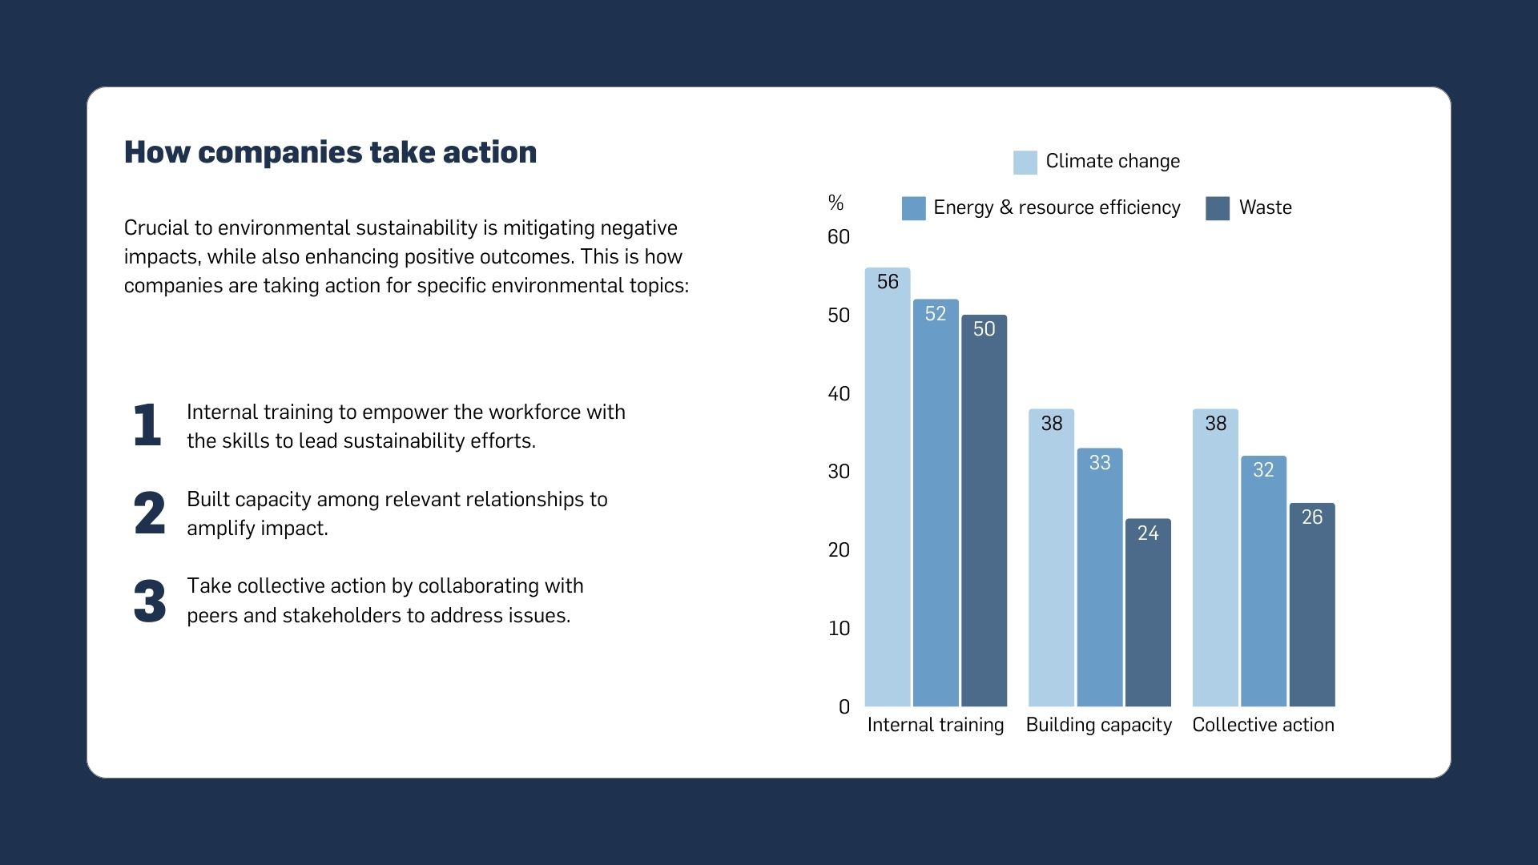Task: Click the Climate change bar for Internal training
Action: (x=888, y=489)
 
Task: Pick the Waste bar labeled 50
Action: (x=984, y=513)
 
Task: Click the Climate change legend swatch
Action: (x=1025, y=162)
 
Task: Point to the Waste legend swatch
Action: (x=1217, y=208)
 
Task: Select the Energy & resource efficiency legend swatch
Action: (x=913, y=208)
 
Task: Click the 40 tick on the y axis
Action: (x=839, y=394)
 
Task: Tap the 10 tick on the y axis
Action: (x=839, y=629)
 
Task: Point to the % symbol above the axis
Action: (x=835, y=203)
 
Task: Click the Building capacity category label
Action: (x=1098, y=725)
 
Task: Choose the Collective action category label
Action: (x=1263, y=725)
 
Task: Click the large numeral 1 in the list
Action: (x=147, y=424)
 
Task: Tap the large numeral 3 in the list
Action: (x=150, y=601)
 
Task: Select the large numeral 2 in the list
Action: (x=150, y=513)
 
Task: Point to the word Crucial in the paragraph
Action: (x=155, y=228)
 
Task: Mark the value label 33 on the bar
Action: (x=1100, y=463)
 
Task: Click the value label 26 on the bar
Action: (x=1312, y=517)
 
